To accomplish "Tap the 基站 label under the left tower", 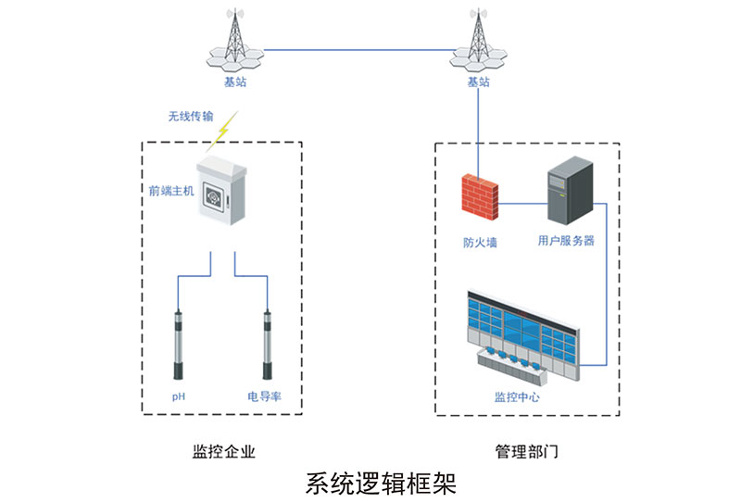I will (x=235, y=82).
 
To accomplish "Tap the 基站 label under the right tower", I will (x=478, y=82).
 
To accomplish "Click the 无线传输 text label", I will (x=190, y=117).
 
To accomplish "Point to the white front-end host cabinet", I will (x=223, y=193).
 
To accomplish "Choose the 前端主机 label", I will (x=170, y=193).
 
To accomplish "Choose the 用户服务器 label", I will (x=566, y=240).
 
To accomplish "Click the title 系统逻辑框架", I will (x=381, y=484).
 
